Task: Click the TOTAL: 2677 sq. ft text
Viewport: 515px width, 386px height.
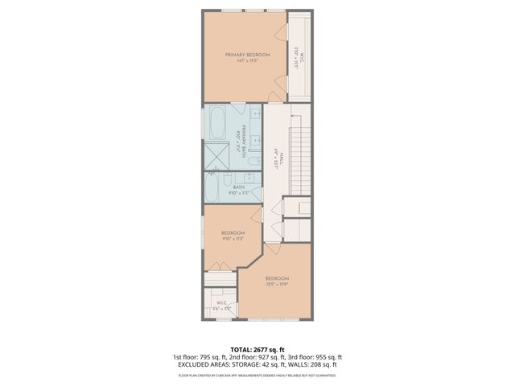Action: click(x=257, y=349)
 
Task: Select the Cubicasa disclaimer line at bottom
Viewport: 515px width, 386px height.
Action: click(x=257, y=373)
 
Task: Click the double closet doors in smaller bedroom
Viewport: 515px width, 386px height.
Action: click(x=217, y=265)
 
